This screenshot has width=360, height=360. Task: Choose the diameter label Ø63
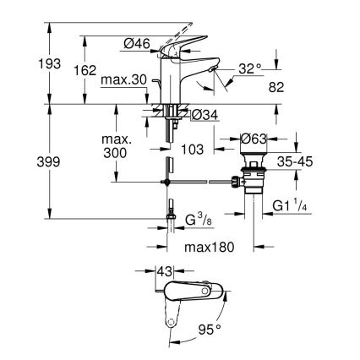coord(254,140)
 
